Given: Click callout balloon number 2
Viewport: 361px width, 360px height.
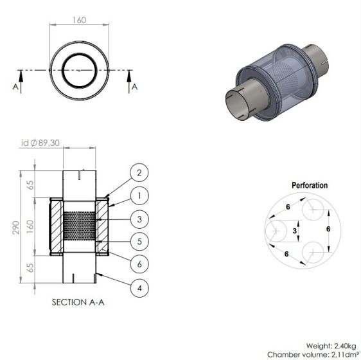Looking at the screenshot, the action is (139, 173).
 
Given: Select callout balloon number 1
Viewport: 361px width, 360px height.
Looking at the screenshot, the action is (139, 196).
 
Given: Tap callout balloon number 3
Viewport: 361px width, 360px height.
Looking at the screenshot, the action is (139, 219).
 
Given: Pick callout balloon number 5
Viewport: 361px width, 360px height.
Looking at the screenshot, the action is (139, 242).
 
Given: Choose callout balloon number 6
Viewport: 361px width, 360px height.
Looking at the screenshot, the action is (139, 264).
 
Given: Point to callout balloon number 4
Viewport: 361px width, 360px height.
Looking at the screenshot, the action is (139, 288).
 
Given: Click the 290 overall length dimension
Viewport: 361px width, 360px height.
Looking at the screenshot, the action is (15, 228).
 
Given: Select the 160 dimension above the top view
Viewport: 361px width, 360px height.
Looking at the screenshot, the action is (80, 21).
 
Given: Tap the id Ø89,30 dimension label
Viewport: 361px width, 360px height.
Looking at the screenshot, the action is (40, 143).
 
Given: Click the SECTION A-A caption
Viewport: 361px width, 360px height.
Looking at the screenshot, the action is (78, 302).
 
